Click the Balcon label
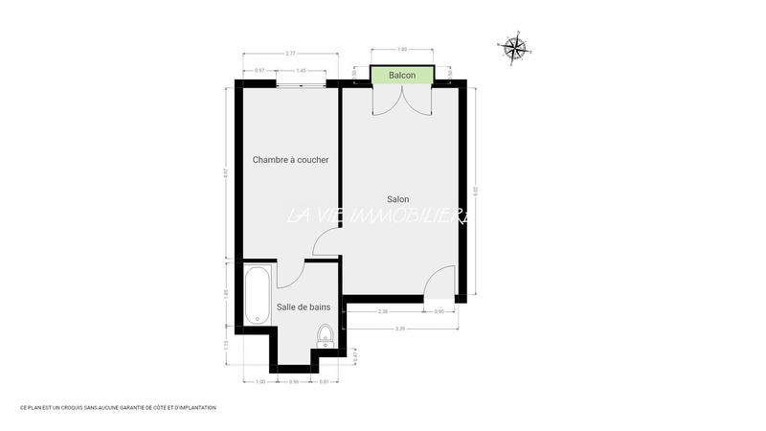coord(402,75)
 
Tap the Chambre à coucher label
coord(291,160)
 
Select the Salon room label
coord(398,199)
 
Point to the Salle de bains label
coord(304,306)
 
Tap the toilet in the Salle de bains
coord(326,335)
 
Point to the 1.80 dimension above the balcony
coord(402,49)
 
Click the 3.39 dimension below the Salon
coord(399,329)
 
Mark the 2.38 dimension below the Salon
coord(383,311)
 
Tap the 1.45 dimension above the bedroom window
coord(301,71)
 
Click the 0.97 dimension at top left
coord(259,71)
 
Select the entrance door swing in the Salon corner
coord(439,282)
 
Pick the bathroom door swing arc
coord(291,274)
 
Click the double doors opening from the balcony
coord(402,101)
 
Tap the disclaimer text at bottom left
coord(119,408)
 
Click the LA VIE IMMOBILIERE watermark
coord(378,216)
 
